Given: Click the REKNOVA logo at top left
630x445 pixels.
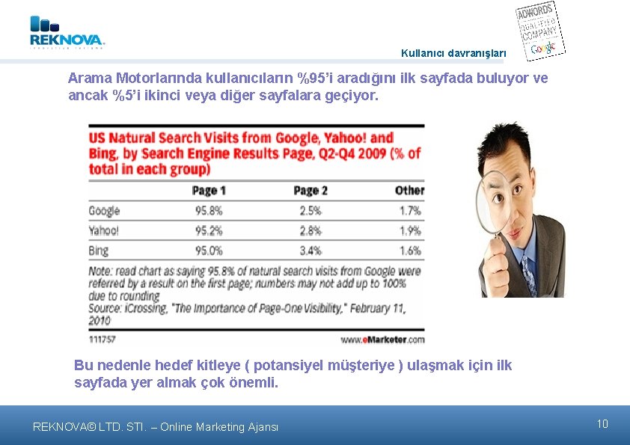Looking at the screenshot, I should [x=67, y=33].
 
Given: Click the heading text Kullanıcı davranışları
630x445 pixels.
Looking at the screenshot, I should [x=453, y=53].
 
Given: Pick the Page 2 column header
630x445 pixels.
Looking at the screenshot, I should [x=311, y=191].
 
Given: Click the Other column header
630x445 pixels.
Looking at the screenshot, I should [x=409, y=191].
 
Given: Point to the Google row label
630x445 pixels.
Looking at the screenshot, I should [x=104, y=211].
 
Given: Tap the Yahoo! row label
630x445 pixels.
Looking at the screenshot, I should [x=103, y=231].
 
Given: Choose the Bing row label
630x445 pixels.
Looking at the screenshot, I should [x=98, y=251].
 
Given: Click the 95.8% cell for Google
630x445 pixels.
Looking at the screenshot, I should [x=209, y=211].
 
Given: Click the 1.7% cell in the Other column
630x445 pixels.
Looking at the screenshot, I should [x=409, y=211].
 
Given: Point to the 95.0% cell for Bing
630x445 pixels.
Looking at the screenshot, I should [x=209, y=251].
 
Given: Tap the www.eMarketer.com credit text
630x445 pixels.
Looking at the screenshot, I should [x=383, y=339].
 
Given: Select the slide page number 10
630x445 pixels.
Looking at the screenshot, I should [x=602, y=424].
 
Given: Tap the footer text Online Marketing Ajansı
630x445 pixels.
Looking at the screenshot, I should [x=221, y=427].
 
